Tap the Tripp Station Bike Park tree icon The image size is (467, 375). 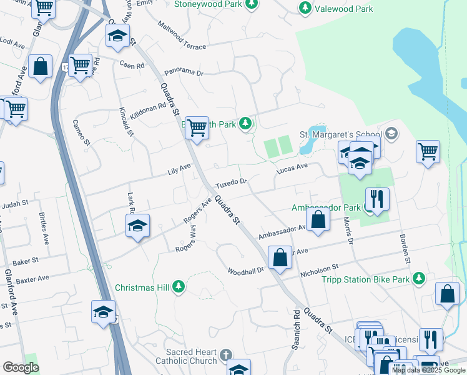click(x=418, y=278)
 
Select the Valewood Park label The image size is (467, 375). click(x=343, y=9)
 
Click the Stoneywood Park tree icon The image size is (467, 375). click(x=252, y=6)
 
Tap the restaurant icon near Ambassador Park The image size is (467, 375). click(x=376, y=199)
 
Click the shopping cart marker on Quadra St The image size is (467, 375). click(x=197, y=127)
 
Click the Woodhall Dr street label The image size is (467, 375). click(x=246, y=271)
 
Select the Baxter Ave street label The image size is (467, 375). click(x=34, y=278)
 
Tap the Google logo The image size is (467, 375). click(x=21, y=367)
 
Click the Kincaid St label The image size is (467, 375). click(x=126, y=121)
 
